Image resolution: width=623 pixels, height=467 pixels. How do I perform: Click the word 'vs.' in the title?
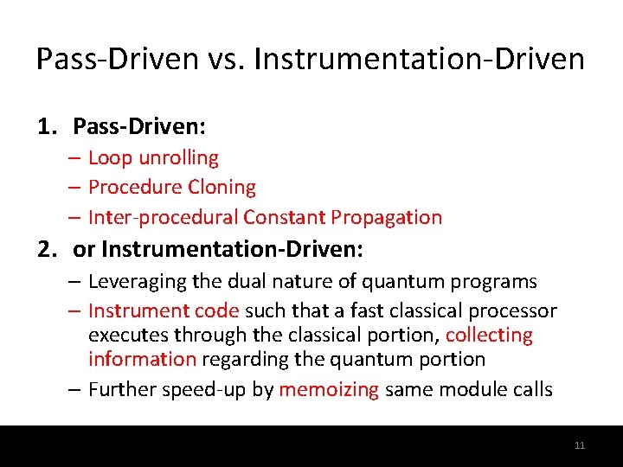click(227, 60)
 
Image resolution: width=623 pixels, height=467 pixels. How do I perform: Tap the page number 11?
click(580, 445)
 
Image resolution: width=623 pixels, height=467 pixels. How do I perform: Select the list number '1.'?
click(48, 127)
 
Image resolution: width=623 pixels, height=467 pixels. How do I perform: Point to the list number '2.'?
click(48, 250)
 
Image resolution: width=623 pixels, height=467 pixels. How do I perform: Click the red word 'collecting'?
click(489, 335)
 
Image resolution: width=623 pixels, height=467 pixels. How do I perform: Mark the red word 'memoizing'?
click(329, 389)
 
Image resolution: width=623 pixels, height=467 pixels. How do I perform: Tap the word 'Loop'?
click(108, 157)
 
